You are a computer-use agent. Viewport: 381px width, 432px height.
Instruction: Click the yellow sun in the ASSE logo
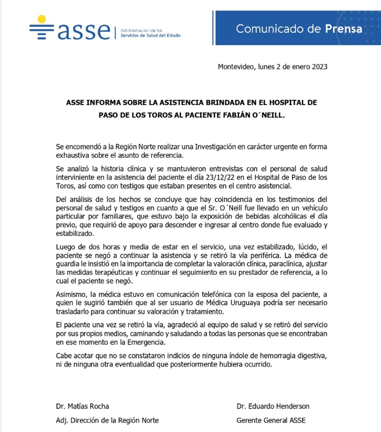pos(42,19)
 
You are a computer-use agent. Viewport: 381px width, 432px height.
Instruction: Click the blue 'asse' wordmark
pos(84,31)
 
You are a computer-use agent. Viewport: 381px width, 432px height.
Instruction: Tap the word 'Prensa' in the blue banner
pos(343,29)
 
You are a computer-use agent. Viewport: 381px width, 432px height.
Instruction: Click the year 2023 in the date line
pos(319,67)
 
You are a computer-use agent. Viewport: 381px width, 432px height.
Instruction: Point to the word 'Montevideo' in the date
pos(236,67)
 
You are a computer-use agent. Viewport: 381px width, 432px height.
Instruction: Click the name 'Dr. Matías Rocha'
pos(83,406)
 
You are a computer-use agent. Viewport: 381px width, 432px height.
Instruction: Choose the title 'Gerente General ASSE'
pos(271,421)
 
